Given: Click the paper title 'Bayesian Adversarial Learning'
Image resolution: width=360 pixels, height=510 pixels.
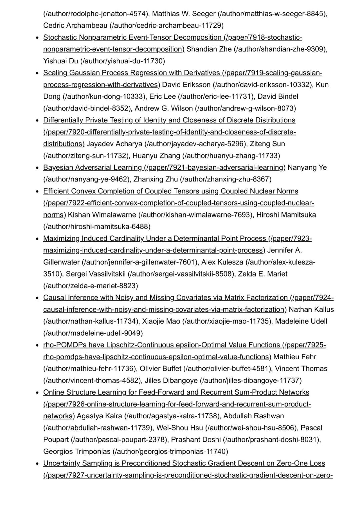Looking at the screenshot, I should coord(92,167).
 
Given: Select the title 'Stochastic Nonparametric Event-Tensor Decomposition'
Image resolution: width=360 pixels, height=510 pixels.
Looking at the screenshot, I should coord(132,37).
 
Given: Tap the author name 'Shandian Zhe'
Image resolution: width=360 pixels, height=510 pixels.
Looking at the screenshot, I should coord(209,49).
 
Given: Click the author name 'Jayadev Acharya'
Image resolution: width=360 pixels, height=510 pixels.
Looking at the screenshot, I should coord(114,144).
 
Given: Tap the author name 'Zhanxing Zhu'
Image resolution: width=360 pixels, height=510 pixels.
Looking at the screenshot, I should coord(156,179).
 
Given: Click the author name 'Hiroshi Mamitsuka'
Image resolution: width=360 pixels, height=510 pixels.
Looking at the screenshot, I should coord(286,215).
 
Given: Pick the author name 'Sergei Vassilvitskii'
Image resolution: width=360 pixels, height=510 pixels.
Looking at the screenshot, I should coord(96,274).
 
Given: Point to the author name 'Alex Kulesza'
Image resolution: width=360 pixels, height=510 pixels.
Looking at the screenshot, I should coord(222,262).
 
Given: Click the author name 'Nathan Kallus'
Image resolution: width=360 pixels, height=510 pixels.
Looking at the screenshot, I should coord(311,310).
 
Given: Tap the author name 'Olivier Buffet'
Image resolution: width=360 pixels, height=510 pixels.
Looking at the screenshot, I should coord(160,369).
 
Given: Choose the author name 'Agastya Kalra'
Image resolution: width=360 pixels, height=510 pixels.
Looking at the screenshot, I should coord(99,416).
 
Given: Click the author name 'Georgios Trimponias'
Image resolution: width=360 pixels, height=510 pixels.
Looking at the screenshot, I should coord(77,452).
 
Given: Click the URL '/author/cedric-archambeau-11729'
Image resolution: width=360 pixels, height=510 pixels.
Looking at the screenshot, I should coord(167,26).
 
